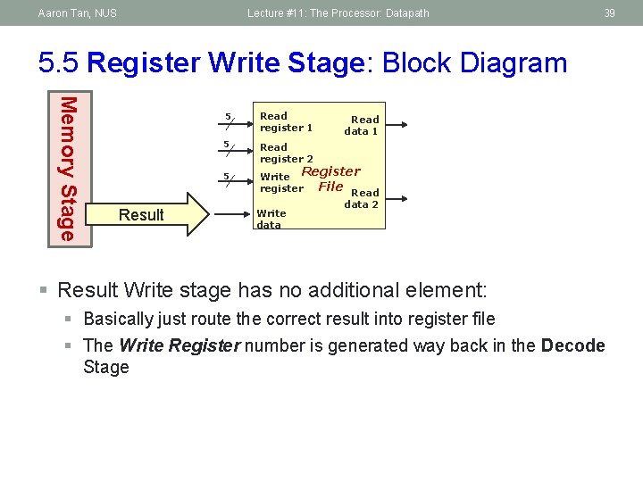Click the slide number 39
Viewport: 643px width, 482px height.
pos(610,12)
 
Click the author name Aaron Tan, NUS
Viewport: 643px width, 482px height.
pos(77,12)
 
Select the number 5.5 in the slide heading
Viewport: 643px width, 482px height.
pos(60,63)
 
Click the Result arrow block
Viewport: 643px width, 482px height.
pos(152,214)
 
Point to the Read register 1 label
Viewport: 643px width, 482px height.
pos(286,121)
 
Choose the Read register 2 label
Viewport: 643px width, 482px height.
pos(286,153)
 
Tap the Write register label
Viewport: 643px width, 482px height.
pos(280,182)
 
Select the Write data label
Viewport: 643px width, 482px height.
pos(271,219)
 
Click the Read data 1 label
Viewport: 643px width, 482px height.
pos(362,125)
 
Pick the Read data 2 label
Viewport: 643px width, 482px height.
pos(363,198)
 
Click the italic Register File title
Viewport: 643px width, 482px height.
pos(330,179)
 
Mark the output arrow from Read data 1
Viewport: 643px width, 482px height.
pos(398,126)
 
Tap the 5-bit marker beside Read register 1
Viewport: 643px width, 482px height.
pos(230,120)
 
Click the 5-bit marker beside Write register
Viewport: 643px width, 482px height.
pos(230,180)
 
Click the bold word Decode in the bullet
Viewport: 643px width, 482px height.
pos(572,345)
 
